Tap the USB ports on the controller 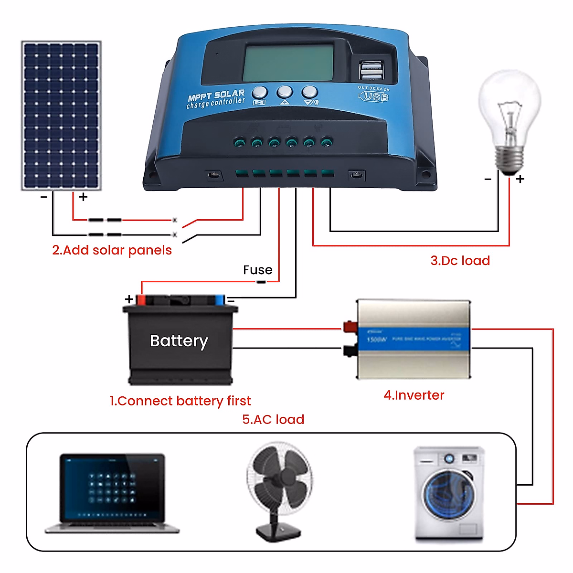tap(371, 71)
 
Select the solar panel tap(61, 116)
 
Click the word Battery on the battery tap(179, 341)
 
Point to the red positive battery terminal tap(141, 299)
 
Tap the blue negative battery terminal tap(219, 299)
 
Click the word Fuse tap(257, 270)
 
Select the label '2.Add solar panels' tap(112, 250)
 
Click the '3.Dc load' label tap(460, 261)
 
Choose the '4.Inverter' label tap(414, 395)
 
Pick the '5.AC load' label tap(273, 419)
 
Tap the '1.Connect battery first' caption tap(180, 401)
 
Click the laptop tap(112, 492)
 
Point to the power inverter tap(414, 339)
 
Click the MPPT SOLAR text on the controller tap(216, 95)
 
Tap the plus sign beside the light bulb tap(520, 179)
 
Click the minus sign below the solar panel tap(44, 197)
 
